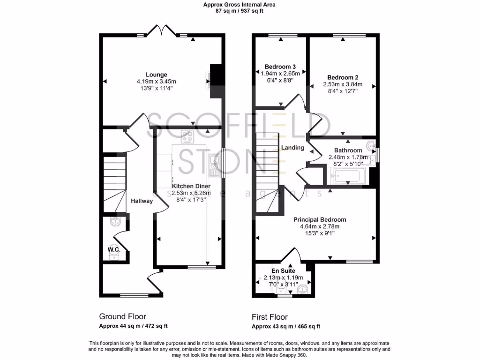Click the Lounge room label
click(x=156, y=75)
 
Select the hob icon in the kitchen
click(x=188, y=137)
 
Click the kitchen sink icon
click(x=215, y=166)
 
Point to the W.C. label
click(x=114, y=250)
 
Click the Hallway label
click(x=142, y=201)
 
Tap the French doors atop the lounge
click(x=161, y=31)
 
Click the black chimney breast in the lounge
click(x=216, y=81)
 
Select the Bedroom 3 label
click(x=280, y=67)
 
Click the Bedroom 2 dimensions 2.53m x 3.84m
click(x=343, y=84)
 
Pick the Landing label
click(x=292, y=148)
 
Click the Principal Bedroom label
click(x=320, y=219)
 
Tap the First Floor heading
click(x=270, y=317)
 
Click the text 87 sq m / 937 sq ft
click(x=239, y=11)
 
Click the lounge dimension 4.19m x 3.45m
click(x=156, y=81)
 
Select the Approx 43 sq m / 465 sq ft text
click(x=286, y=326)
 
